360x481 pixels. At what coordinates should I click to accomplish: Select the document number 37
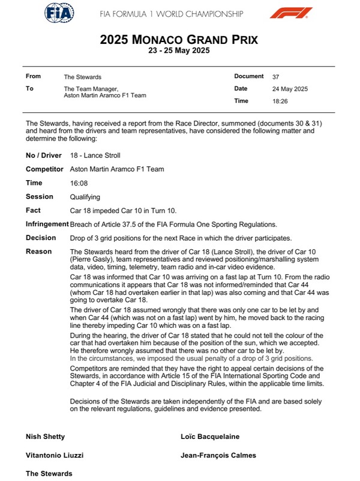pos(275,77)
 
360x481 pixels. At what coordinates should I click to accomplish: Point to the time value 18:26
pos(280,101)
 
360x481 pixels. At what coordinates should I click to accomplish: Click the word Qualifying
pos(85,197)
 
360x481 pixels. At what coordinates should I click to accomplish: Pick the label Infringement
pos(47,224)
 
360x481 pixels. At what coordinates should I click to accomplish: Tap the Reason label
pos(38,251)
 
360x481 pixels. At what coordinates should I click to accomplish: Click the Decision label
pos(41,238)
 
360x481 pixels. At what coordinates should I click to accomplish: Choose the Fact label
pos(34,210)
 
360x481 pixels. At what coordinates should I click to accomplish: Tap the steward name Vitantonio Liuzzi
pos(54,455)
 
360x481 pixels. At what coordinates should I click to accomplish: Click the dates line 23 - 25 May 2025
pos(179,51)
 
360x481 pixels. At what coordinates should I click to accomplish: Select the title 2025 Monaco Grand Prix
pos(179,40)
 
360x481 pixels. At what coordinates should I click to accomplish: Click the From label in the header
pos(34,77)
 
